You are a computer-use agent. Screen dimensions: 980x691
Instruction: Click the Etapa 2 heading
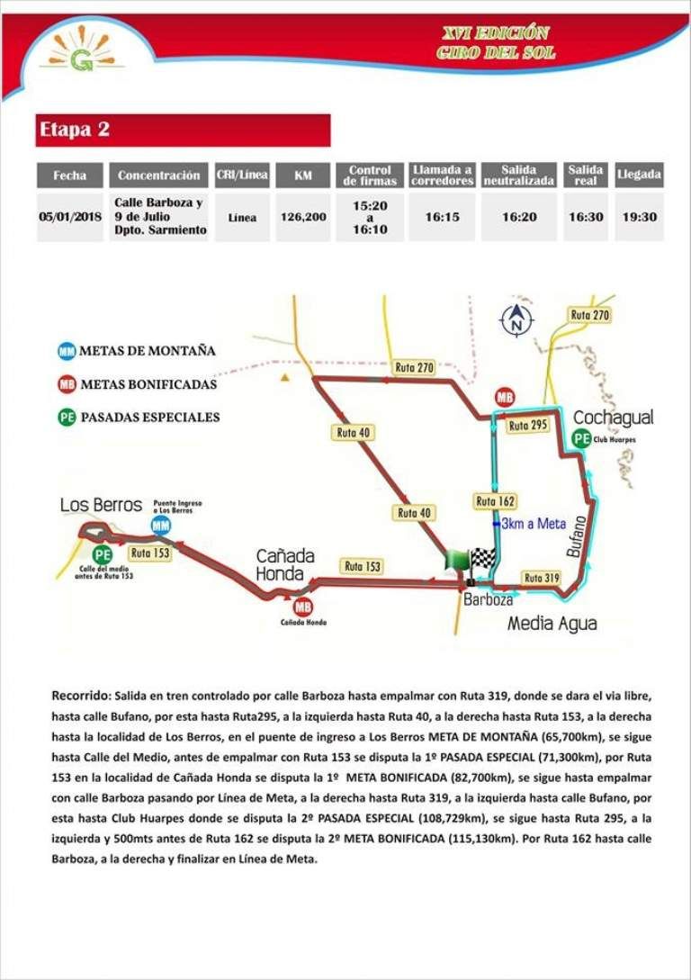click(x=74, y=130)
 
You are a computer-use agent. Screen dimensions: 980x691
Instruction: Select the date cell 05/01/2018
click(x=69, y=217)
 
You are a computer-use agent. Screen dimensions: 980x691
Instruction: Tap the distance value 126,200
click(x=303, y=217)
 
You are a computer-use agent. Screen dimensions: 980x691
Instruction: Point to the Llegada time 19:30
click(x=639, y=217)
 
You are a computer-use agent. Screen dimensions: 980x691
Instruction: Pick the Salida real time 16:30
click(x=585, y=217)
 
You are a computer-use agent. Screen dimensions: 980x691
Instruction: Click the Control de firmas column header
click(x=370, y=175)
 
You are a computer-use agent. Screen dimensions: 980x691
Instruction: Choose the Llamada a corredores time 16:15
click(x=443, y=217)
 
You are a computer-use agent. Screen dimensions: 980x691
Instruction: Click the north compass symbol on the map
click(x=517, y=319)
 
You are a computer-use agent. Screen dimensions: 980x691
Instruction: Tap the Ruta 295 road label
click(x=527, y=426)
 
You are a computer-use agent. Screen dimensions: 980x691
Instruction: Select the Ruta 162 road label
click(x=494, y=501)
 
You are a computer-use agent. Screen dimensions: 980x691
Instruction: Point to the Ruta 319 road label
click(x=543, y=579)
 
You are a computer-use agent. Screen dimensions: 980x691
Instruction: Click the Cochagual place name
click(x=613, y=418)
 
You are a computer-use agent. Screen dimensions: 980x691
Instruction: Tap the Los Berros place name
click(x=102, y=505)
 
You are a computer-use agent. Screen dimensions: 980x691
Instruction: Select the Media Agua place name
click(x=552, y=623)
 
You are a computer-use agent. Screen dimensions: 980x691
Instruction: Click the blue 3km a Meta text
click(x=534, y=524)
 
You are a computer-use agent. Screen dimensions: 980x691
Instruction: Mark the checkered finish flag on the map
click(x=484, y=559)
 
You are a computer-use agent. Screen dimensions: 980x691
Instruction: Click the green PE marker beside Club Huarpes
click(x=582, y=439)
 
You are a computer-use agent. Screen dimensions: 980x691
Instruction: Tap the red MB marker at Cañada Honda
click(x=302, y=606)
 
